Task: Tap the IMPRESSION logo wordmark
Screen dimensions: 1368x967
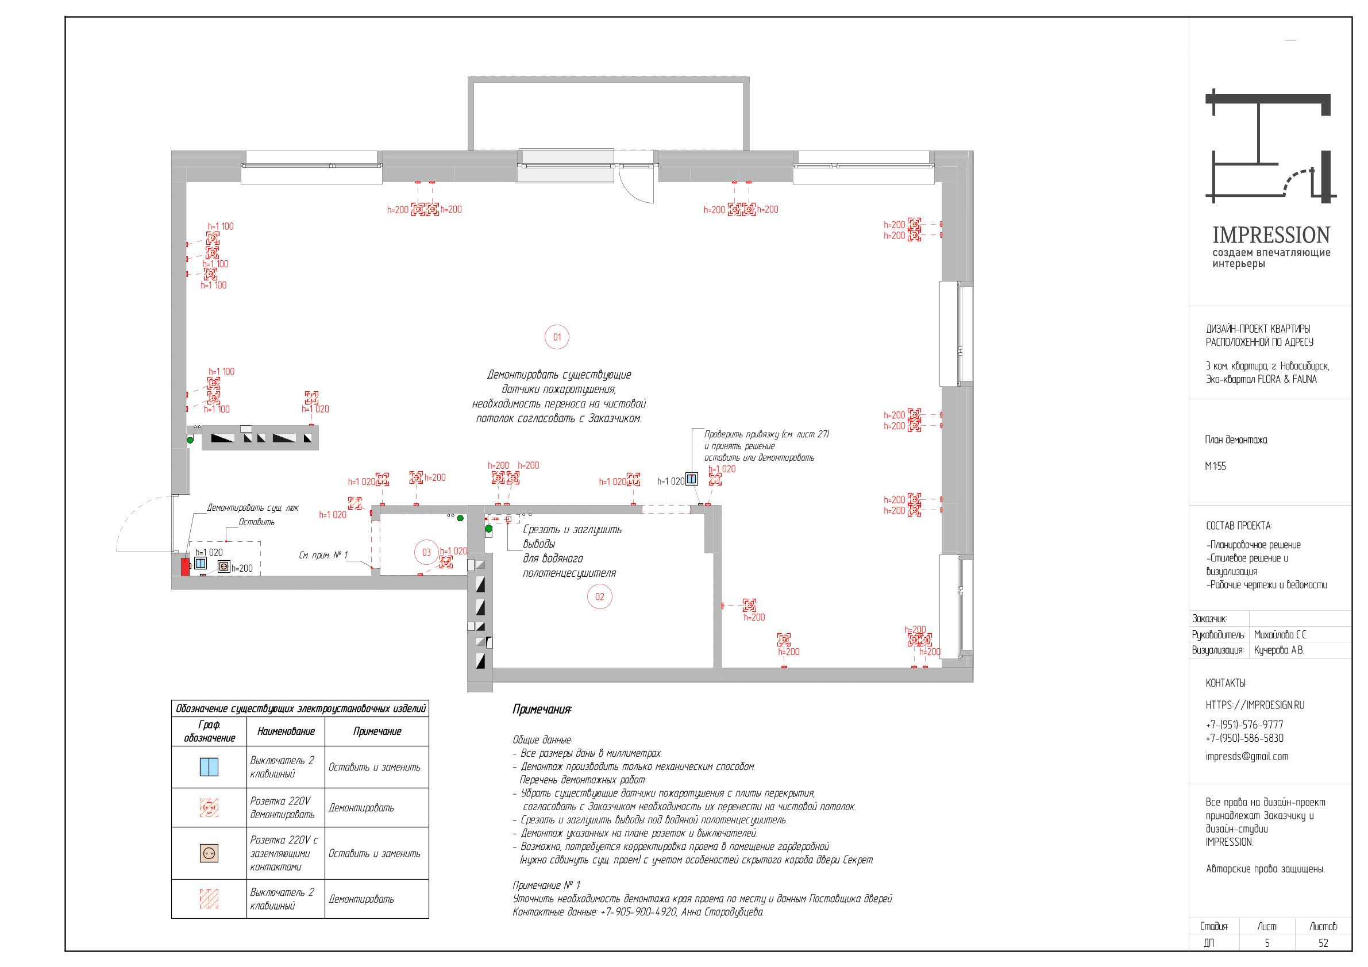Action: (x=1271, y=235)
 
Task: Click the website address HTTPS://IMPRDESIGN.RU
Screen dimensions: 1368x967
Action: (x=1255, y=705)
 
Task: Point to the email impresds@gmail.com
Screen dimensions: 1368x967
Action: (x=1246, y=757)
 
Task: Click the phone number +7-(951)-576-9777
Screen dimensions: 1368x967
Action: (x=1244, y=725)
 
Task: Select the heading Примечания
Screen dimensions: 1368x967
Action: (x=542, y=709)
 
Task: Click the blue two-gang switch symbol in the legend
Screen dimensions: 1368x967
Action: (x=209, y=767)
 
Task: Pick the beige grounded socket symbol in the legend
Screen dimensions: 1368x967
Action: (x=209, y=853)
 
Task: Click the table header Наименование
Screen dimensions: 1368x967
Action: (x=286, y=731)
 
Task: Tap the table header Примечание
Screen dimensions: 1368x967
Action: (x=377, y=731)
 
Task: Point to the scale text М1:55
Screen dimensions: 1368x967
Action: (x=1216, y=466)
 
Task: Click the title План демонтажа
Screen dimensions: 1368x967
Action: (x=1236, y=440)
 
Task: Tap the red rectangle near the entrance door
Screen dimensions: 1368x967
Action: (x=186, y=567)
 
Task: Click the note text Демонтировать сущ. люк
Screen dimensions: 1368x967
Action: (x=252, y=507)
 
